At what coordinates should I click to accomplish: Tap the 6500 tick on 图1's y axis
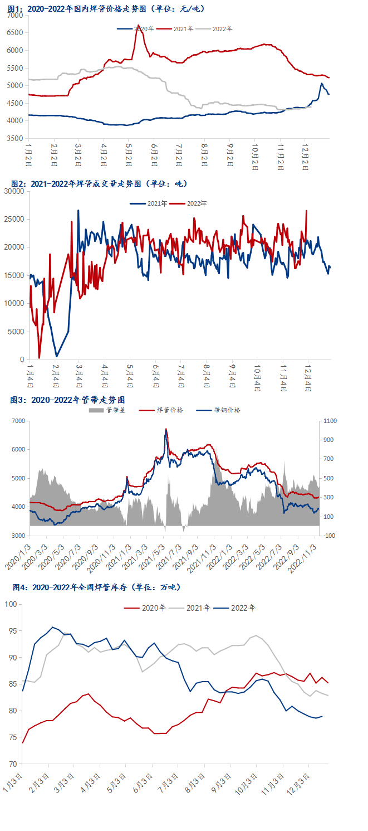16,33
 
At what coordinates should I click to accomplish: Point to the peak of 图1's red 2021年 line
138,25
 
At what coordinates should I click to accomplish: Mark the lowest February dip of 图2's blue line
56,356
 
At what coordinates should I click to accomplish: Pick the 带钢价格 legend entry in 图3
228,410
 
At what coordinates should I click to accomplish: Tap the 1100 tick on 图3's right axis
330,421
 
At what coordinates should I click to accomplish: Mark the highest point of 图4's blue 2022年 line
53,627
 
